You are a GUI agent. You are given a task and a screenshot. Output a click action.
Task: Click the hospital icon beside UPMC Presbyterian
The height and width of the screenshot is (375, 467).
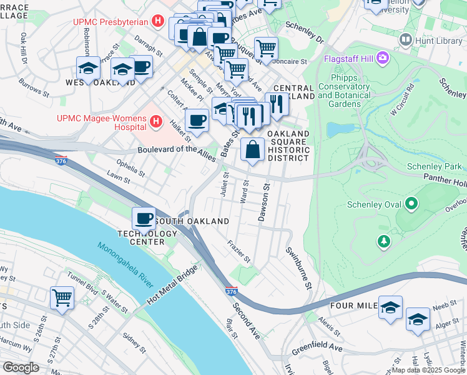(158, 22)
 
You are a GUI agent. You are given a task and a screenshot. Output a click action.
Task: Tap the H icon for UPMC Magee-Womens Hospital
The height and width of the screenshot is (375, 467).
(156, 121)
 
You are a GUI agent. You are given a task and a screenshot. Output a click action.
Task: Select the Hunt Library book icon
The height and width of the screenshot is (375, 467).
(406, 41)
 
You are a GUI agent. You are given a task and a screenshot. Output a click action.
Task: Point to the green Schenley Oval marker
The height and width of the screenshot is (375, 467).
(411, 204)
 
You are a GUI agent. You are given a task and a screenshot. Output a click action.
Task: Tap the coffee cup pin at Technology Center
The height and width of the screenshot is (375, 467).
(144, 219)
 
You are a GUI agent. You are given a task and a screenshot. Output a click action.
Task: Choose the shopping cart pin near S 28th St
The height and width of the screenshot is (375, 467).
(62, 297)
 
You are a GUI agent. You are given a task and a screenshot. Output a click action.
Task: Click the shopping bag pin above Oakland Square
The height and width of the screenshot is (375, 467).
(252, 150)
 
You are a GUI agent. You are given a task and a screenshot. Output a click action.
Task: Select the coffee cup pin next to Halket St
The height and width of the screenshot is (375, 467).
(197, 119)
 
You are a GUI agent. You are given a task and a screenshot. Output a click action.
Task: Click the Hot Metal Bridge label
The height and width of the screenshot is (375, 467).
(172, 286)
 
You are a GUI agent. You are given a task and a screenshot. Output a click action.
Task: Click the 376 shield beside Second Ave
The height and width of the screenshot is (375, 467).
(231, 292)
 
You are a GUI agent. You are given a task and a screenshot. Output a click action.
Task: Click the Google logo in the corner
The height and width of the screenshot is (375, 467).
(21, 367)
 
